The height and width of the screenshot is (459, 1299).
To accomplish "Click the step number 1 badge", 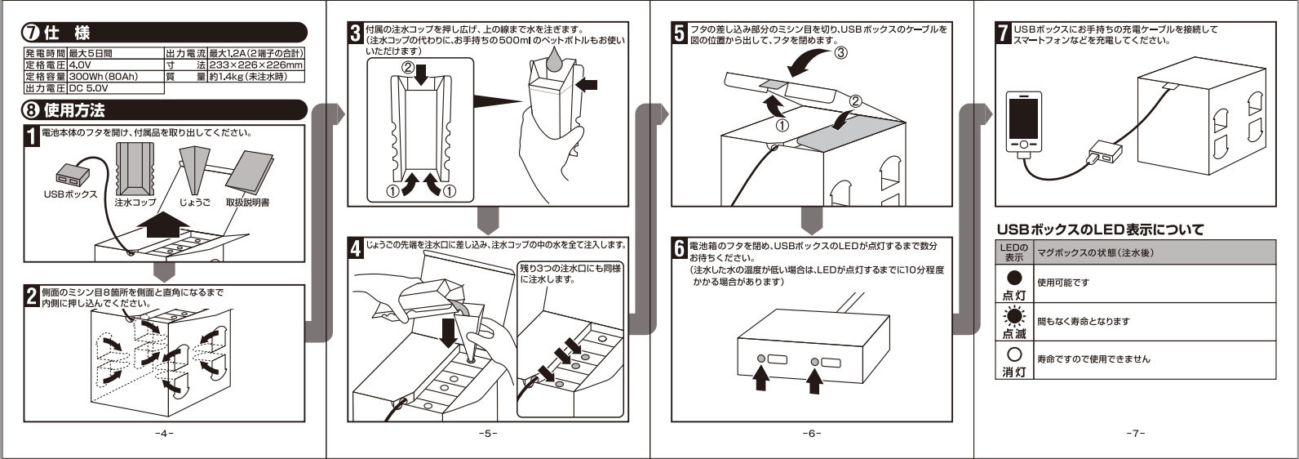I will pos(31,136).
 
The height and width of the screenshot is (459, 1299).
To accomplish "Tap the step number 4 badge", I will pos(355,247).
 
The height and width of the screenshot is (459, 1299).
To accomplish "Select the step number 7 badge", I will pos(1004,33).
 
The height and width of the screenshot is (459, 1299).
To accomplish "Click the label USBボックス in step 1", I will pos(70,194).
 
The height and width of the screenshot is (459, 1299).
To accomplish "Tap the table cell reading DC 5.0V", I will pos(97,87).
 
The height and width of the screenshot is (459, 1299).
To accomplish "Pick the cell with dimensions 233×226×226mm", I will pos(255,65).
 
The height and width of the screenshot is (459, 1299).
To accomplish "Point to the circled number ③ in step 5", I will pos(840,55).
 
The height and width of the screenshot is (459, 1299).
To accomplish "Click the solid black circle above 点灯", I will pos(1013,278).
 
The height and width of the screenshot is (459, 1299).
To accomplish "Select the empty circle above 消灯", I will pos(1013,354).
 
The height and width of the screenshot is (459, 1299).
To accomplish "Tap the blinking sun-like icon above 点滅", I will pos(1013,315).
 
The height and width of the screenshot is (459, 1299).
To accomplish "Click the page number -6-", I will pos(811,432).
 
